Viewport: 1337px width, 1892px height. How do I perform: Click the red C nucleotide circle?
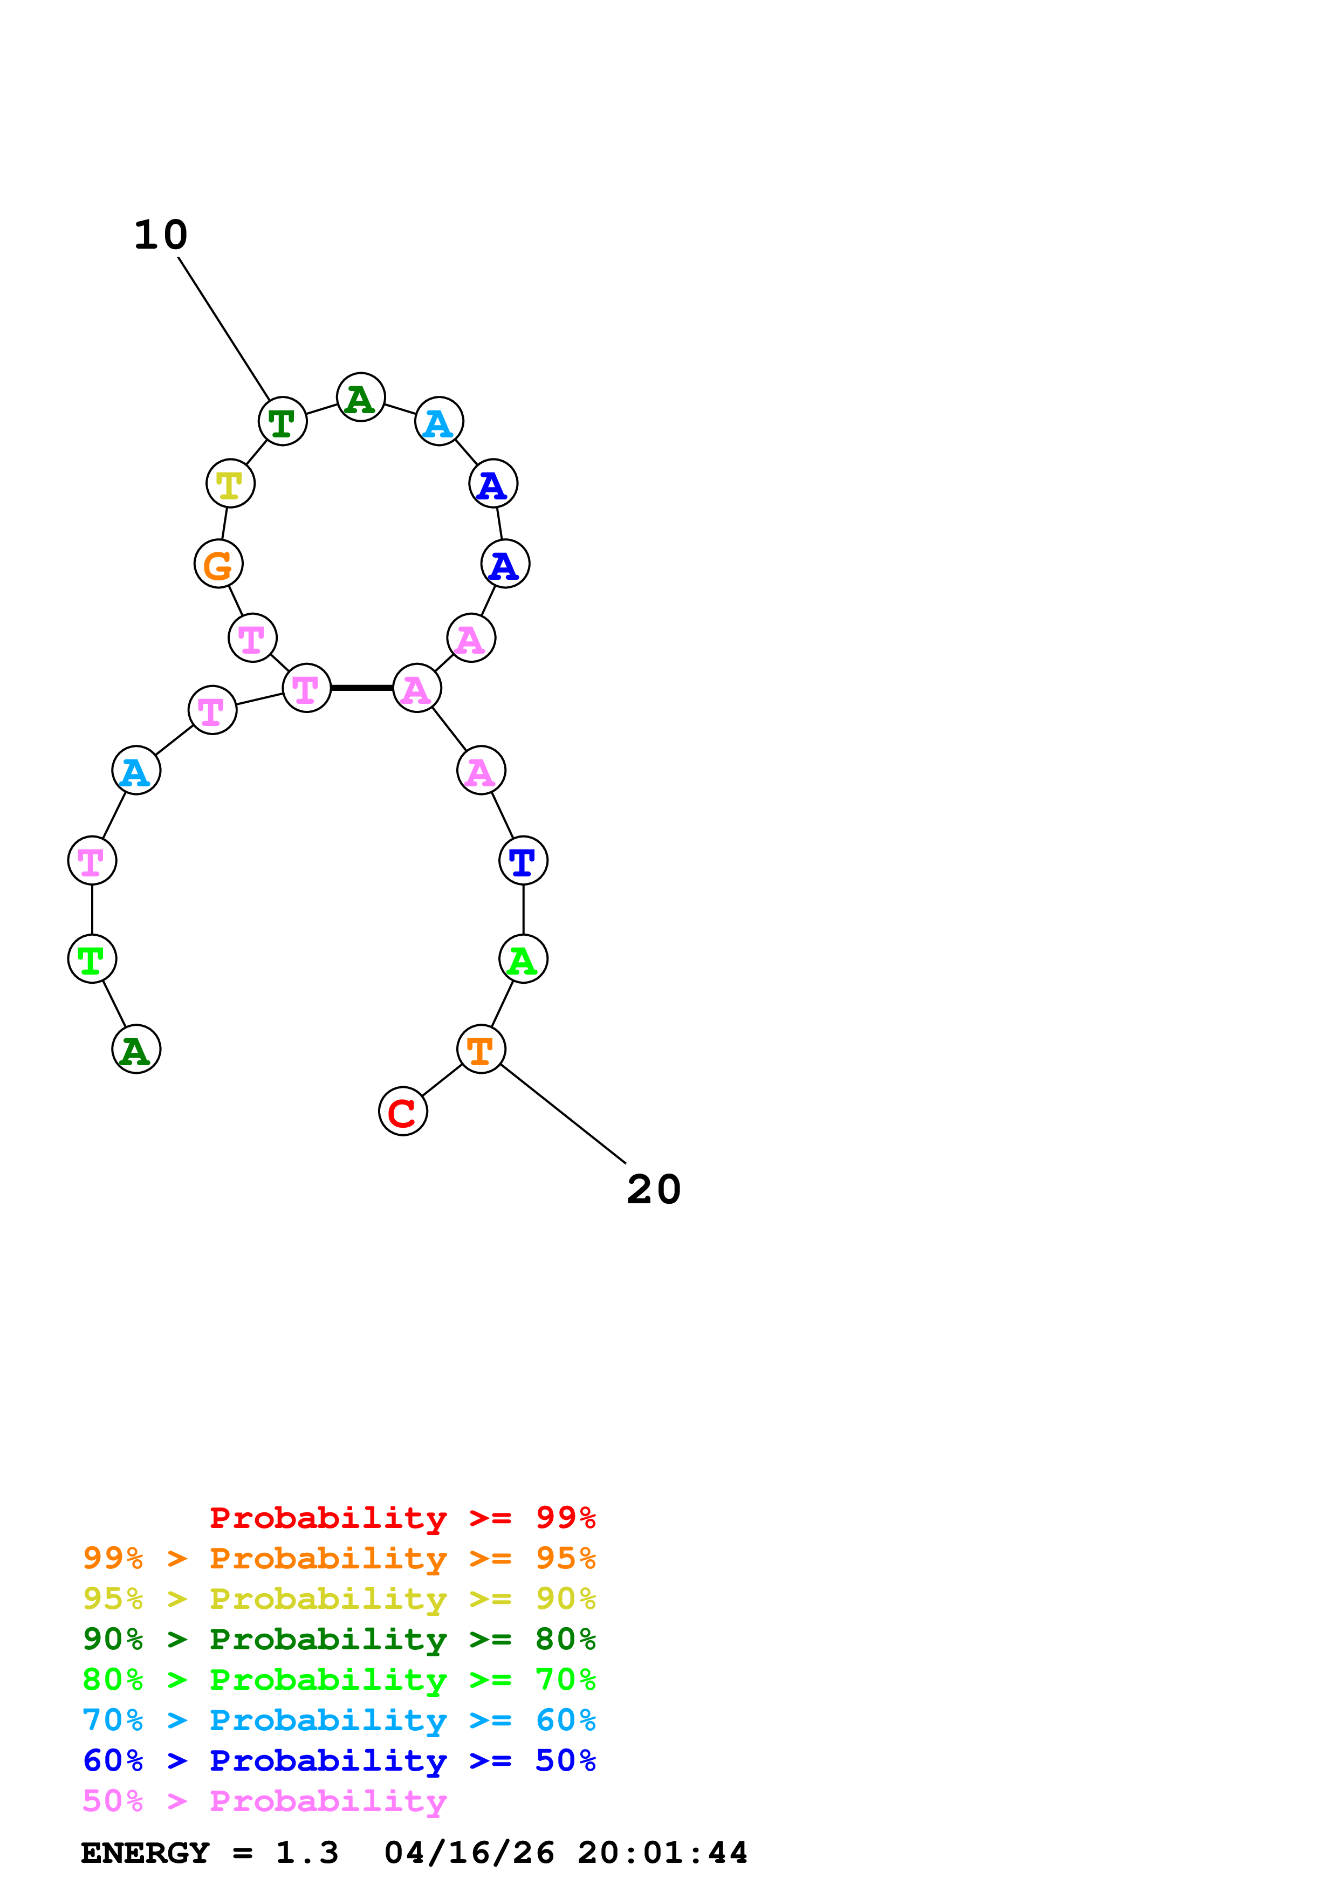(x=403, y=1111)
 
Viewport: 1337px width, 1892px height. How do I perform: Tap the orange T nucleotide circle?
(x=481, y=1049)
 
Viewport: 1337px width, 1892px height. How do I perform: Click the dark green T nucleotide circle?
(x=283, y=421)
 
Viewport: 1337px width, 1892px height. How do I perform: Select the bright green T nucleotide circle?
(x=92, y=958)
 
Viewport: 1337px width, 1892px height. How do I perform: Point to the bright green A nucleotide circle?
(x=523, y=958)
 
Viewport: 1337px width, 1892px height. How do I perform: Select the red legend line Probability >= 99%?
(x=402, y=1517)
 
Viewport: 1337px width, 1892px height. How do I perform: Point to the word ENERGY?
(x=145, y=1853)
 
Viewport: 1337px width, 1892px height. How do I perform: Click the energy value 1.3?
(x=306, y=1853)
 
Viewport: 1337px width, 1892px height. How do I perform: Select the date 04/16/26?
(x=469, y=1853)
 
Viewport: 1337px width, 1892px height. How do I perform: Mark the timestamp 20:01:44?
(x=662, y=1853)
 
